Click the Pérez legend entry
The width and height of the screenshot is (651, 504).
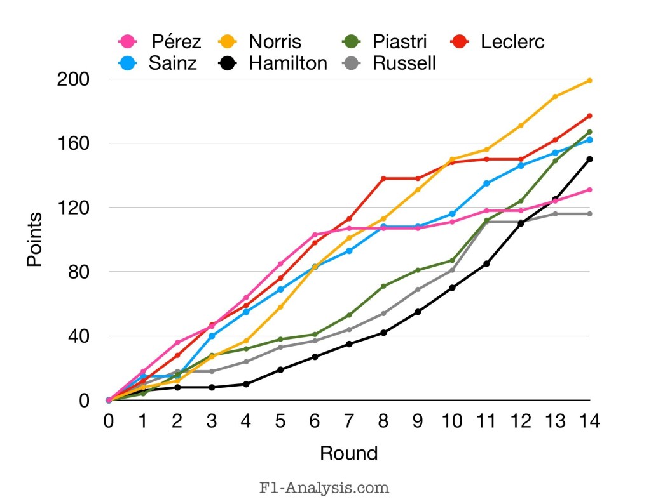(160, 42)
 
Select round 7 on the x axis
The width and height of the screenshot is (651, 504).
(349, 420)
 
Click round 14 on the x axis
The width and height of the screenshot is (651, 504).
(589, 420)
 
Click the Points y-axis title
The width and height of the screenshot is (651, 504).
(35, 239)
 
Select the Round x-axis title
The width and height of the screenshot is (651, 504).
(348, 453)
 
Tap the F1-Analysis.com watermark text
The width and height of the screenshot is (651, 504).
(324, 487)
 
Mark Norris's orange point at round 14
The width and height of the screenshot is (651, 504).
(590, 81)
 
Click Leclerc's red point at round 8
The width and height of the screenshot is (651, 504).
(383, 178)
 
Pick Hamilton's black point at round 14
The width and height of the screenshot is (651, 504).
(590, 159)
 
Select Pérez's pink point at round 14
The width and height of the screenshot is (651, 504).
(590, 190)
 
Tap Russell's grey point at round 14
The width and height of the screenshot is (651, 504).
(590, 214)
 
